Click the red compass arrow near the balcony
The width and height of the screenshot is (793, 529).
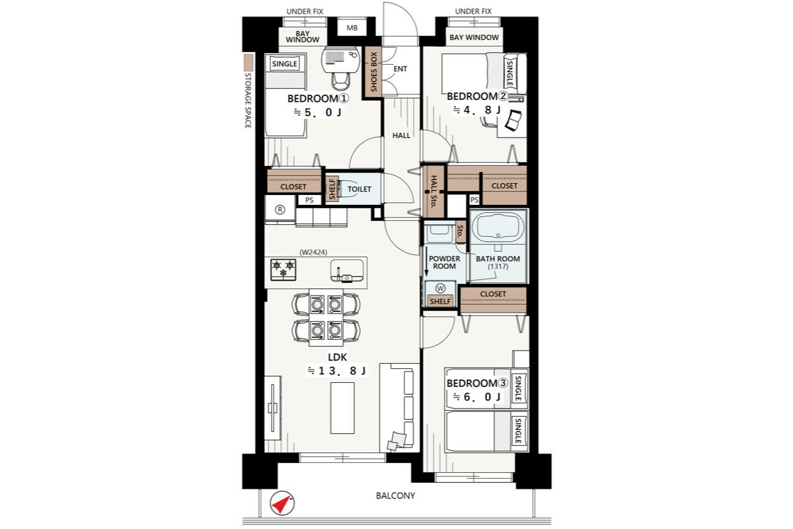click(282, 504)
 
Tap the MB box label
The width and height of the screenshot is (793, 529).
click(352, 28)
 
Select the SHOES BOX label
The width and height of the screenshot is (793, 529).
click(373, 72)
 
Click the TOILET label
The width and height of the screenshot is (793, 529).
click(359, 189)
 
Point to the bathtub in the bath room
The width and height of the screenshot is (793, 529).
click(498, 227)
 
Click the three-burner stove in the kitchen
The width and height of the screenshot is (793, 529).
click(283, 270)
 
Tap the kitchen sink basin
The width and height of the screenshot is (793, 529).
click(347, 271)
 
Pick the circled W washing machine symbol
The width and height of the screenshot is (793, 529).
click(440, 288)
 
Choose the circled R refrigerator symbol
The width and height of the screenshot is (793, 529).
click(280, 210)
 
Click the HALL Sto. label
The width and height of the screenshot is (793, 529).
click(434, 191)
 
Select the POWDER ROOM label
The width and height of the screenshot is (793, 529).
click(444, 263)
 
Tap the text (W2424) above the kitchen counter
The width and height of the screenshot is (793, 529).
click(313, 253)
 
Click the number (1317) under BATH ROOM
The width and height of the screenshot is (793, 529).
click(498, 266)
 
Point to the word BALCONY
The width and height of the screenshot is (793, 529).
click(395, 496)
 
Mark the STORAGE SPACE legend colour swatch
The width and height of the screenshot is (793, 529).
click(249, 62)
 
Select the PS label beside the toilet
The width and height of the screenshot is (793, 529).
click(309, 200)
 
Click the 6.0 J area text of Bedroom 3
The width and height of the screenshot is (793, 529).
click(477, 397)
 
